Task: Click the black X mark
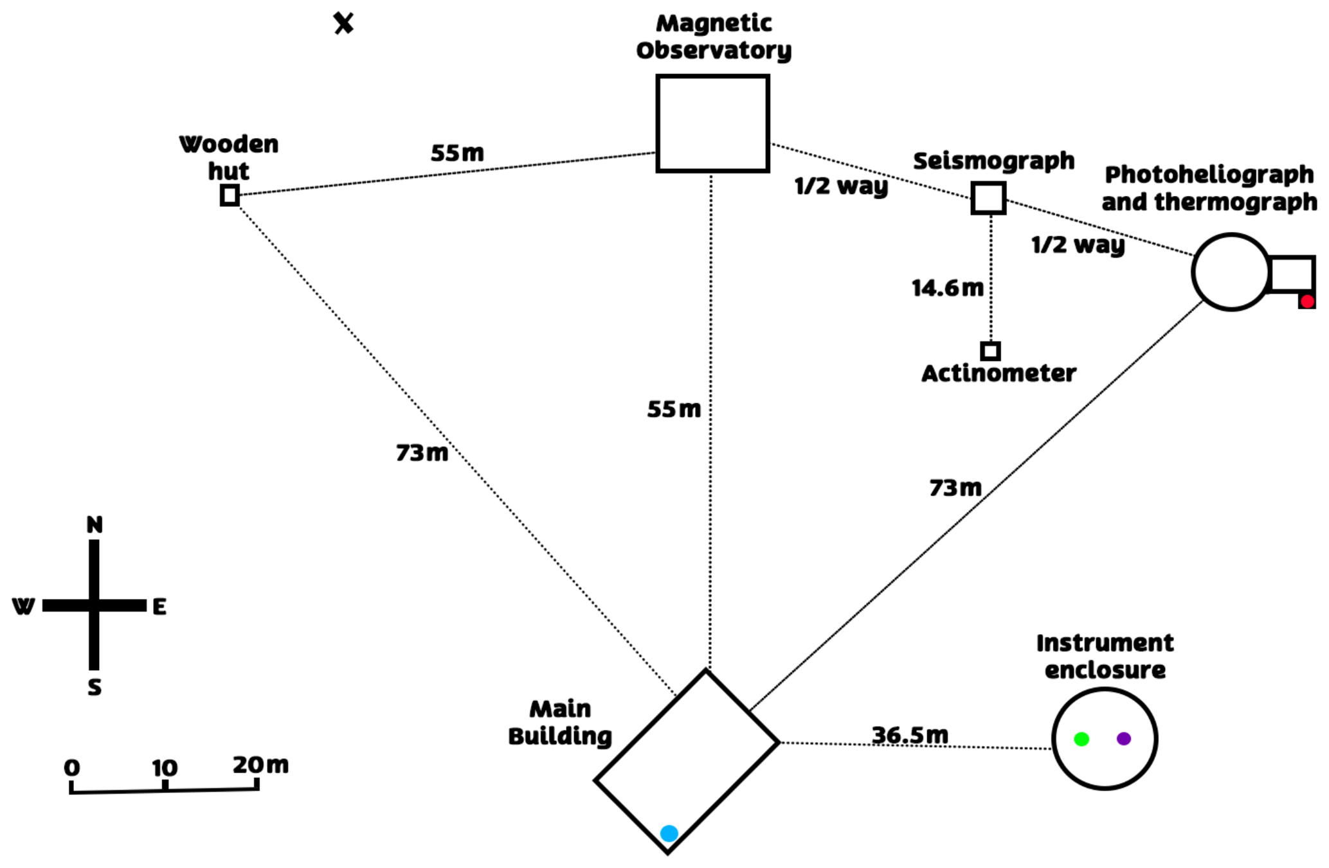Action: click(x=344, y=24)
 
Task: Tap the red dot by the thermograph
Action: click(x=1307, y=301)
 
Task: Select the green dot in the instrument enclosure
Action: click(x=1081, y=739)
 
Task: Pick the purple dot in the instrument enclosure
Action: click(x=1124, y=738)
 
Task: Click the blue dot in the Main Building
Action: click(x=669, y=833)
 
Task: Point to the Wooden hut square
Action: click(x=230, y=195)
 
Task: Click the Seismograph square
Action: click(x=988, y=198)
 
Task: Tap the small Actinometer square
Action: click(x=990, y=351)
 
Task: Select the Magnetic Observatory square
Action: click(x=712, y=123)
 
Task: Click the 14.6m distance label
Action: click(x=948, y=288)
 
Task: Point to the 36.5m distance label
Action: click(x=910, y=735)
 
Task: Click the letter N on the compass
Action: click(x=95, y=525)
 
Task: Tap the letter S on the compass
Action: click(x=95, y=687)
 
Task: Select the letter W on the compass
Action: click(x=24, y=606)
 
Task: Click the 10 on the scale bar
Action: click(x=165, y=768)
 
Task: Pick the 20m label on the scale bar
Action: click(x=260, y=765)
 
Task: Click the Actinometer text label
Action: click(x=999, y=373)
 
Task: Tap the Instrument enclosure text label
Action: click(x=1105, y=656)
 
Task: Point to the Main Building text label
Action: click(x=559, y=722)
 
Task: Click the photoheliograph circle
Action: click(x=1231, y=272)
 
